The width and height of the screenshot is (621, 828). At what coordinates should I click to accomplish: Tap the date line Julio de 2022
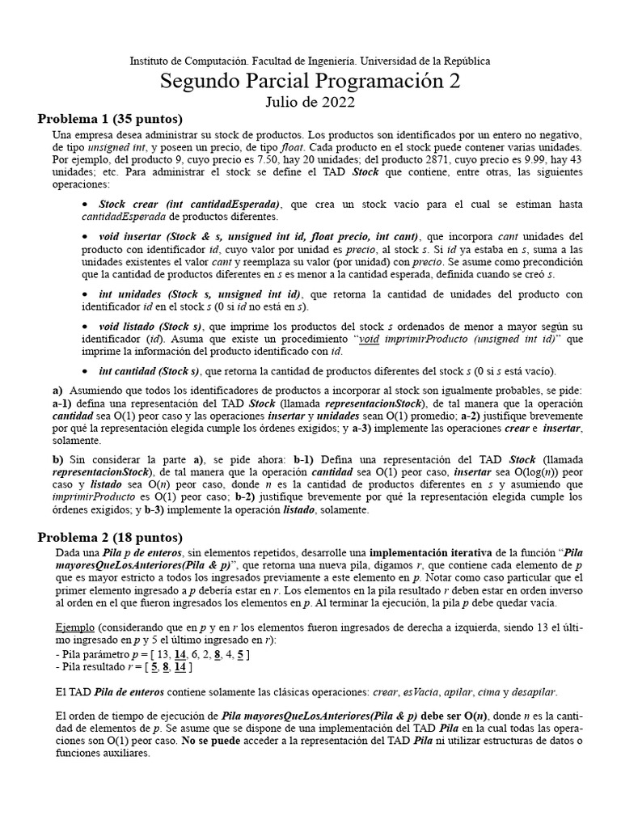point(310,102)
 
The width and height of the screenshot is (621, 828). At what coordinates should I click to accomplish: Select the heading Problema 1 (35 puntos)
point(110,119)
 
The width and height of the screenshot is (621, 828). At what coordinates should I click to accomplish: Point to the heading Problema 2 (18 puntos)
point(110,537)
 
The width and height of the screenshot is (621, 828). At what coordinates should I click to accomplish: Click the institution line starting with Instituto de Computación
point(310,61)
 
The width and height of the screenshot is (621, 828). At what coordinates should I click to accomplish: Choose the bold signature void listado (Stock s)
point(150,325)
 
